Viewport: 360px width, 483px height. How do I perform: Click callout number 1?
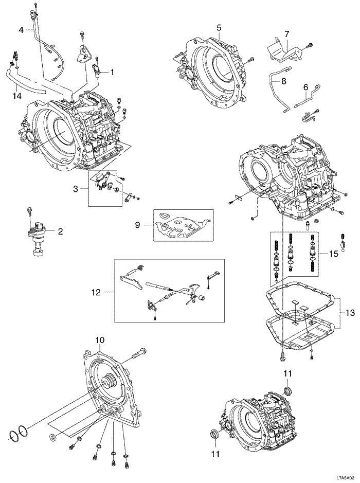[x=112, y=73]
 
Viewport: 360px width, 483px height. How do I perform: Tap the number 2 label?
[x=60, y=231]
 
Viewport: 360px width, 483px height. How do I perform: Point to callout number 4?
[x=21, y=30]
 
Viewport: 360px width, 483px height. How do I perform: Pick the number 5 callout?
[x=219, y=27]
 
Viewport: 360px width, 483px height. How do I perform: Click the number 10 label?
[x=99, y=340]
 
